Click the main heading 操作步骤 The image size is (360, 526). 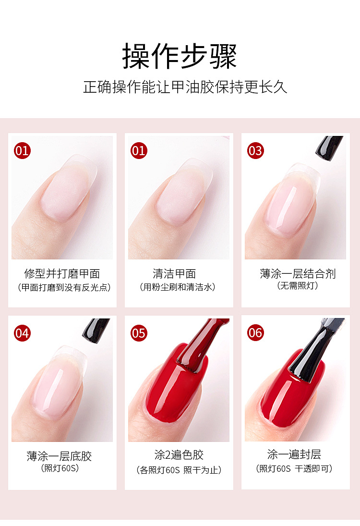[180, 56]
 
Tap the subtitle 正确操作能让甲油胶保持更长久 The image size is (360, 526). [185, 87]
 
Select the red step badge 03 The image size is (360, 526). [255, 151]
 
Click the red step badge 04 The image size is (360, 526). [22, 333]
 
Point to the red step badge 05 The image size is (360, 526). [139, 333]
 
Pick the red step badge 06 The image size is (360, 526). [255, 333]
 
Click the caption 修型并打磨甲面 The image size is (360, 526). [62, 274]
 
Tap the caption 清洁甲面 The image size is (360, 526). [174, 274]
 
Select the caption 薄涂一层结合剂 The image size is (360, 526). [298, 274]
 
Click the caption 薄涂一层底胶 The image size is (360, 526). [59, 456]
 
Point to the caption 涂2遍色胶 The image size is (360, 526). [179, 455]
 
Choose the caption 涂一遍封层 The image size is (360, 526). [294, 454]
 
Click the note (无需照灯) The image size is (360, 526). [297, 286]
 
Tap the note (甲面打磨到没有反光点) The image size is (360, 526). [64, 287]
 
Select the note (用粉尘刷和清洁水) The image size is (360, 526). [177, 287]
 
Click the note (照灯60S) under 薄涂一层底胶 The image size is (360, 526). [60, 468]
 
